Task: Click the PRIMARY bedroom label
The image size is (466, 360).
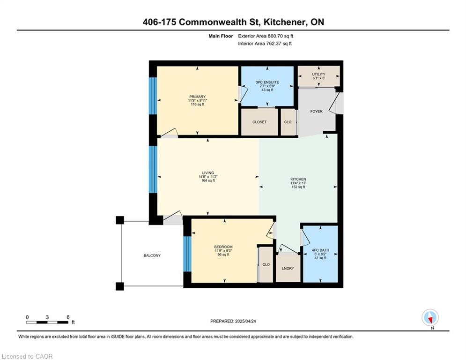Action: tap(197, 97)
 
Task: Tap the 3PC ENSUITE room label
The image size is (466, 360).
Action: tap(267, 82)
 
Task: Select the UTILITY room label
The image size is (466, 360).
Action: tap(318, 74)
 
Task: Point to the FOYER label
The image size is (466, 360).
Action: tap(316, 111)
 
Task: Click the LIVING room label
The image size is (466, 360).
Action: tap(208, 173)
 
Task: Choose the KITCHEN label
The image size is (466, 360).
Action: tap(298, 180)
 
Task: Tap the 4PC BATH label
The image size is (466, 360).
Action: tap(320, 250)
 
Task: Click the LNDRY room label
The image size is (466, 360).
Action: tap(288, 269)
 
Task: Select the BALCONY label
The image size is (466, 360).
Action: tap(152, 255)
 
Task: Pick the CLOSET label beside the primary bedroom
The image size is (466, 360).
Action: tap(259, 122)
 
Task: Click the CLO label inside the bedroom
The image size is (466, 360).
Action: tap(266, 264)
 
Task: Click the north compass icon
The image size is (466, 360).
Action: tap(430, 318)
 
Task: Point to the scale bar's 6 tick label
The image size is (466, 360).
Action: tap(68, 317)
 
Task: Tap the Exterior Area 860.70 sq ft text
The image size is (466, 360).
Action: tap(266, 36)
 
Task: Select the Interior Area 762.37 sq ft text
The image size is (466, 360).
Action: tap(265, 44)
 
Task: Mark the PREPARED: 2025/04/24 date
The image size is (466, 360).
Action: tap(233, 321)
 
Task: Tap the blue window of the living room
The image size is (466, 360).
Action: tap(153, 169)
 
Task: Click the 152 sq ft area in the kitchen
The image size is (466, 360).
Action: tap(298, 187)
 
